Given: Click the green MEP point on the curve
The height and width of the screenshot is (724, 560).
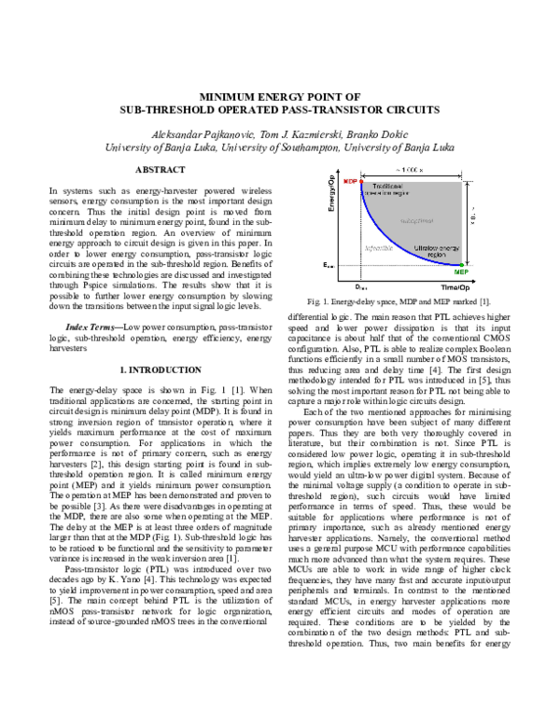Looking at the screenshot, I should [x=461, y=267].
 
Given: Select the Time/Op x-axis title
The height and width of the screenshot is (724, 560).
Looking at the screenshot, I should [x=443, y=286].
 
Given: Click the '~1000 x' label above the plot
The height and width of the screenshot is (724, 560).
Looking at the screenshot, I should [x=408, y=169].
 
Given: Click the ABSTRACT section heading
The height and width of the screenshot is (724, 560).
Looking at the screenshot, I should [x=162, y=170].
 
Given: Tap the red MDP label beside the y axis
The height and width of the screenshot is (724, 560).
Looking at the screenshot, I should [x=349, y=180].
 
